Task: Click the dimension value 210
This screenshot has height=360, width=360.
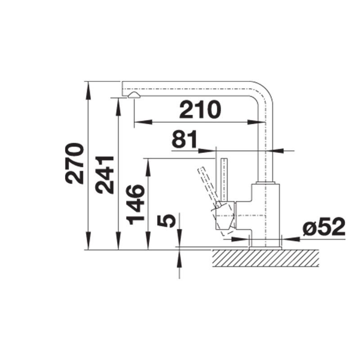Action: pyautogui.click(x=200, y=109)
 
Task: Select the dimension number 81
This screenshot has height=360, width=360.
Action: pyautogui.click(x=184, y=140)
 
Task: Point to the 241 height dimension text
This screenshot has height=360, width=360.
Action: pyautogui.click(x=105, y=175)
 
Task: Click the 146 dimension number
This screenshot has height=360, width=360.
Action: pyautogui.click(x=135, y=205)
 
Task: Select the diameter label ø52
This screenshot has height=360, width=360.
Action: pyautogui.click(x=324, y=228)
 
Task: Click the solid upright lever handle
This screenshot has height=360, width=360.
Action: pyautogui.click(x=225, y=178)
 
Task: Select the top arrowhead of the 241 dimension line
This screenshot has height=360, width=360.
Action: pyautogui.click(x=118, y=103)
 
